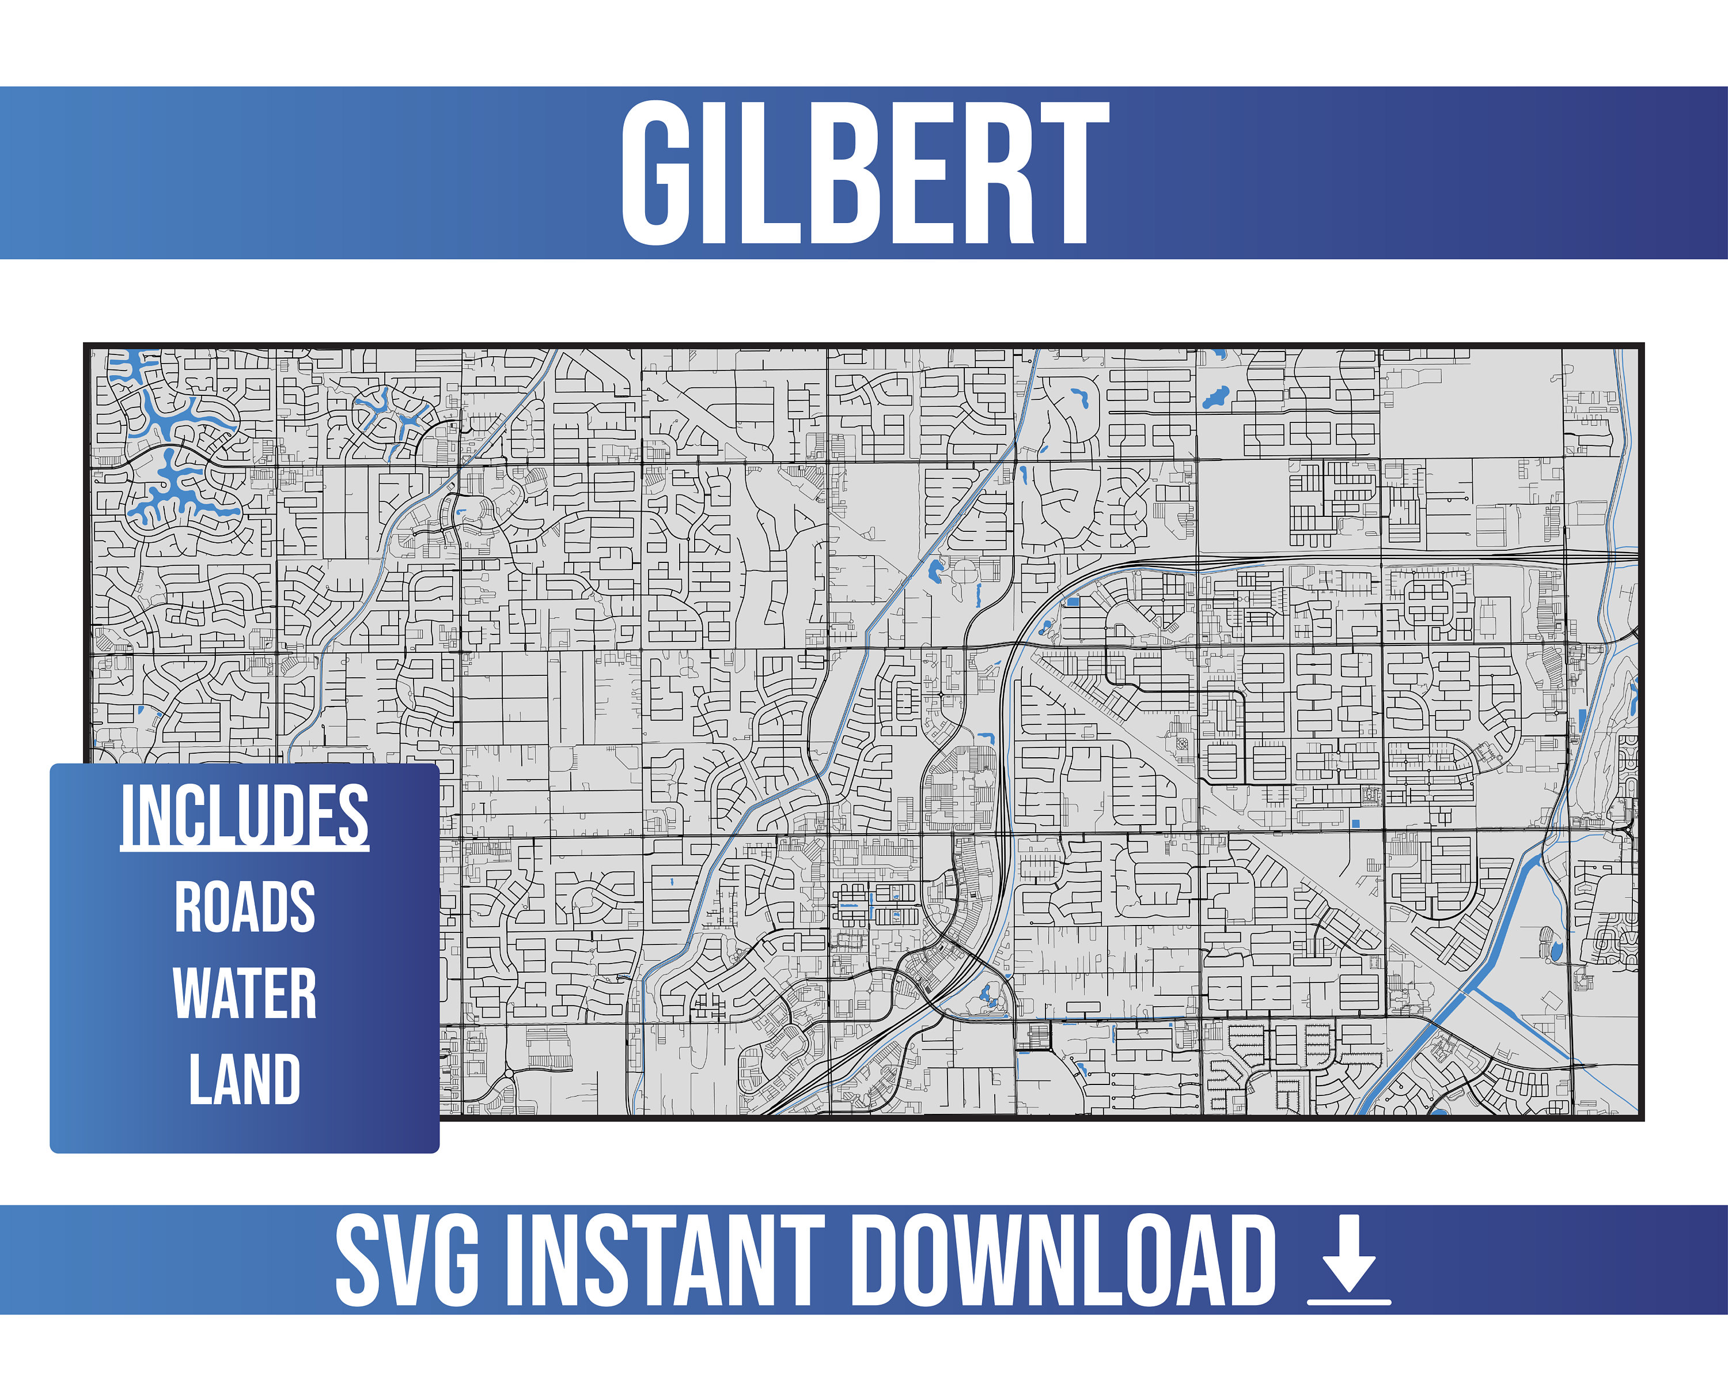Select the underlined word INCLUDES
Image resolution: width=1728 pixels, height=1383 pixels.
[244, 815]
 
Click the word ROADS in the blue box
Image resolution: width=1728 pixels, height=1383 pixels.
[244, 907]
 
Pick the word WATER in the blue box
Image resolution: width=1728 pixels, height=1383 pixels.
[244, 993]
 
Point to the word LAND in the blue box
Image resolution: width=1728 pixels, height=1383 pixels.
[244, 1079]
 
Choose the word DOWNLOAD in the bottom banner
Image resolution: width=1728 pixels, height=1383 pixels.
[1062, 1260]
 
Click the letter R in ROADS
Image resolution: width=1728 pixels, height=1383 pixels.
[189, 907]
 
